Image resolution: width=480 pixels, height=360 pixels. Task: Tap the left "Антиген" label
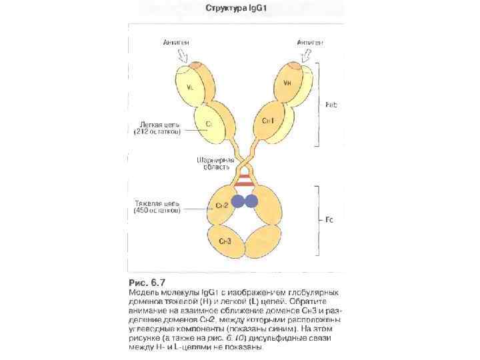click(x=179, y=42)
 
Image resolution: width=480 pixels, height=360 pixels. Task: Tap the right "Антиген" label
click(x=310, y=42)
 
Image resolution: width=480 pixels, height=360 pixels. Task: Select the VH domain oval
click(x=287, y=84)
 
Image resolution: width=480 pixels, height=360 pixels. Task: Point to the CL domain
click(x=209, y=123)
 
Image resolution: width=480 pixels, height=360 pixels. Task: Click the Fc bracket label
click(x=329, y=219)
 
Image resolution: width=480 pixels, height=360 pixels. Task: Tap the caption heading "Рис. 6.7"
click(x=147, y=281)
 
